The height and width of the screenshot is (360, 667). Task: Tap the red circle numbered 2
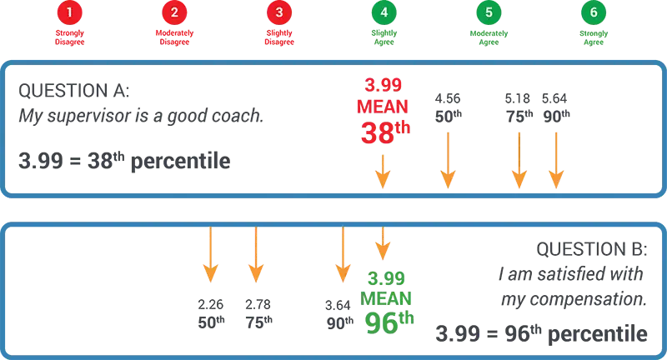[174, 13]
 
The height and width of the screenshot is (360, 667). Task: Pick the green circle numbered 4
[383, 13]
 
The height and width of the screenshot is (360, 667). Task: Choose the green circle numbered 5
[489, 13]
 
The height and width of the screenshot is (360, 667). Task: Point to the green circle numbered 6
[593, 13]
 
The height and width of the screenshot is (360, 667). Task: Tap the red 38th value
[383, 132]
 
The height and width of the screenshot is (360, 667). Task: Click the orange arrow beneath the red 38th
[383, 170]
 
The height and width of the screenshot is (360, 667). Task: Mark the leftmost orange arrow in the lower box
[210, 254]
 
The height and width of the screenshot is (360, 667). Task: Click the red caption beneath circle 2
[174, 36]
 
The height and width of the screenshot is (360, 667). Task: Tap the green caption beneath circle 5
[489, 36]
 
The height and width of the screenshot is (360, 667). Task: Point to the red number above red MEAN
[383, 86]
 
